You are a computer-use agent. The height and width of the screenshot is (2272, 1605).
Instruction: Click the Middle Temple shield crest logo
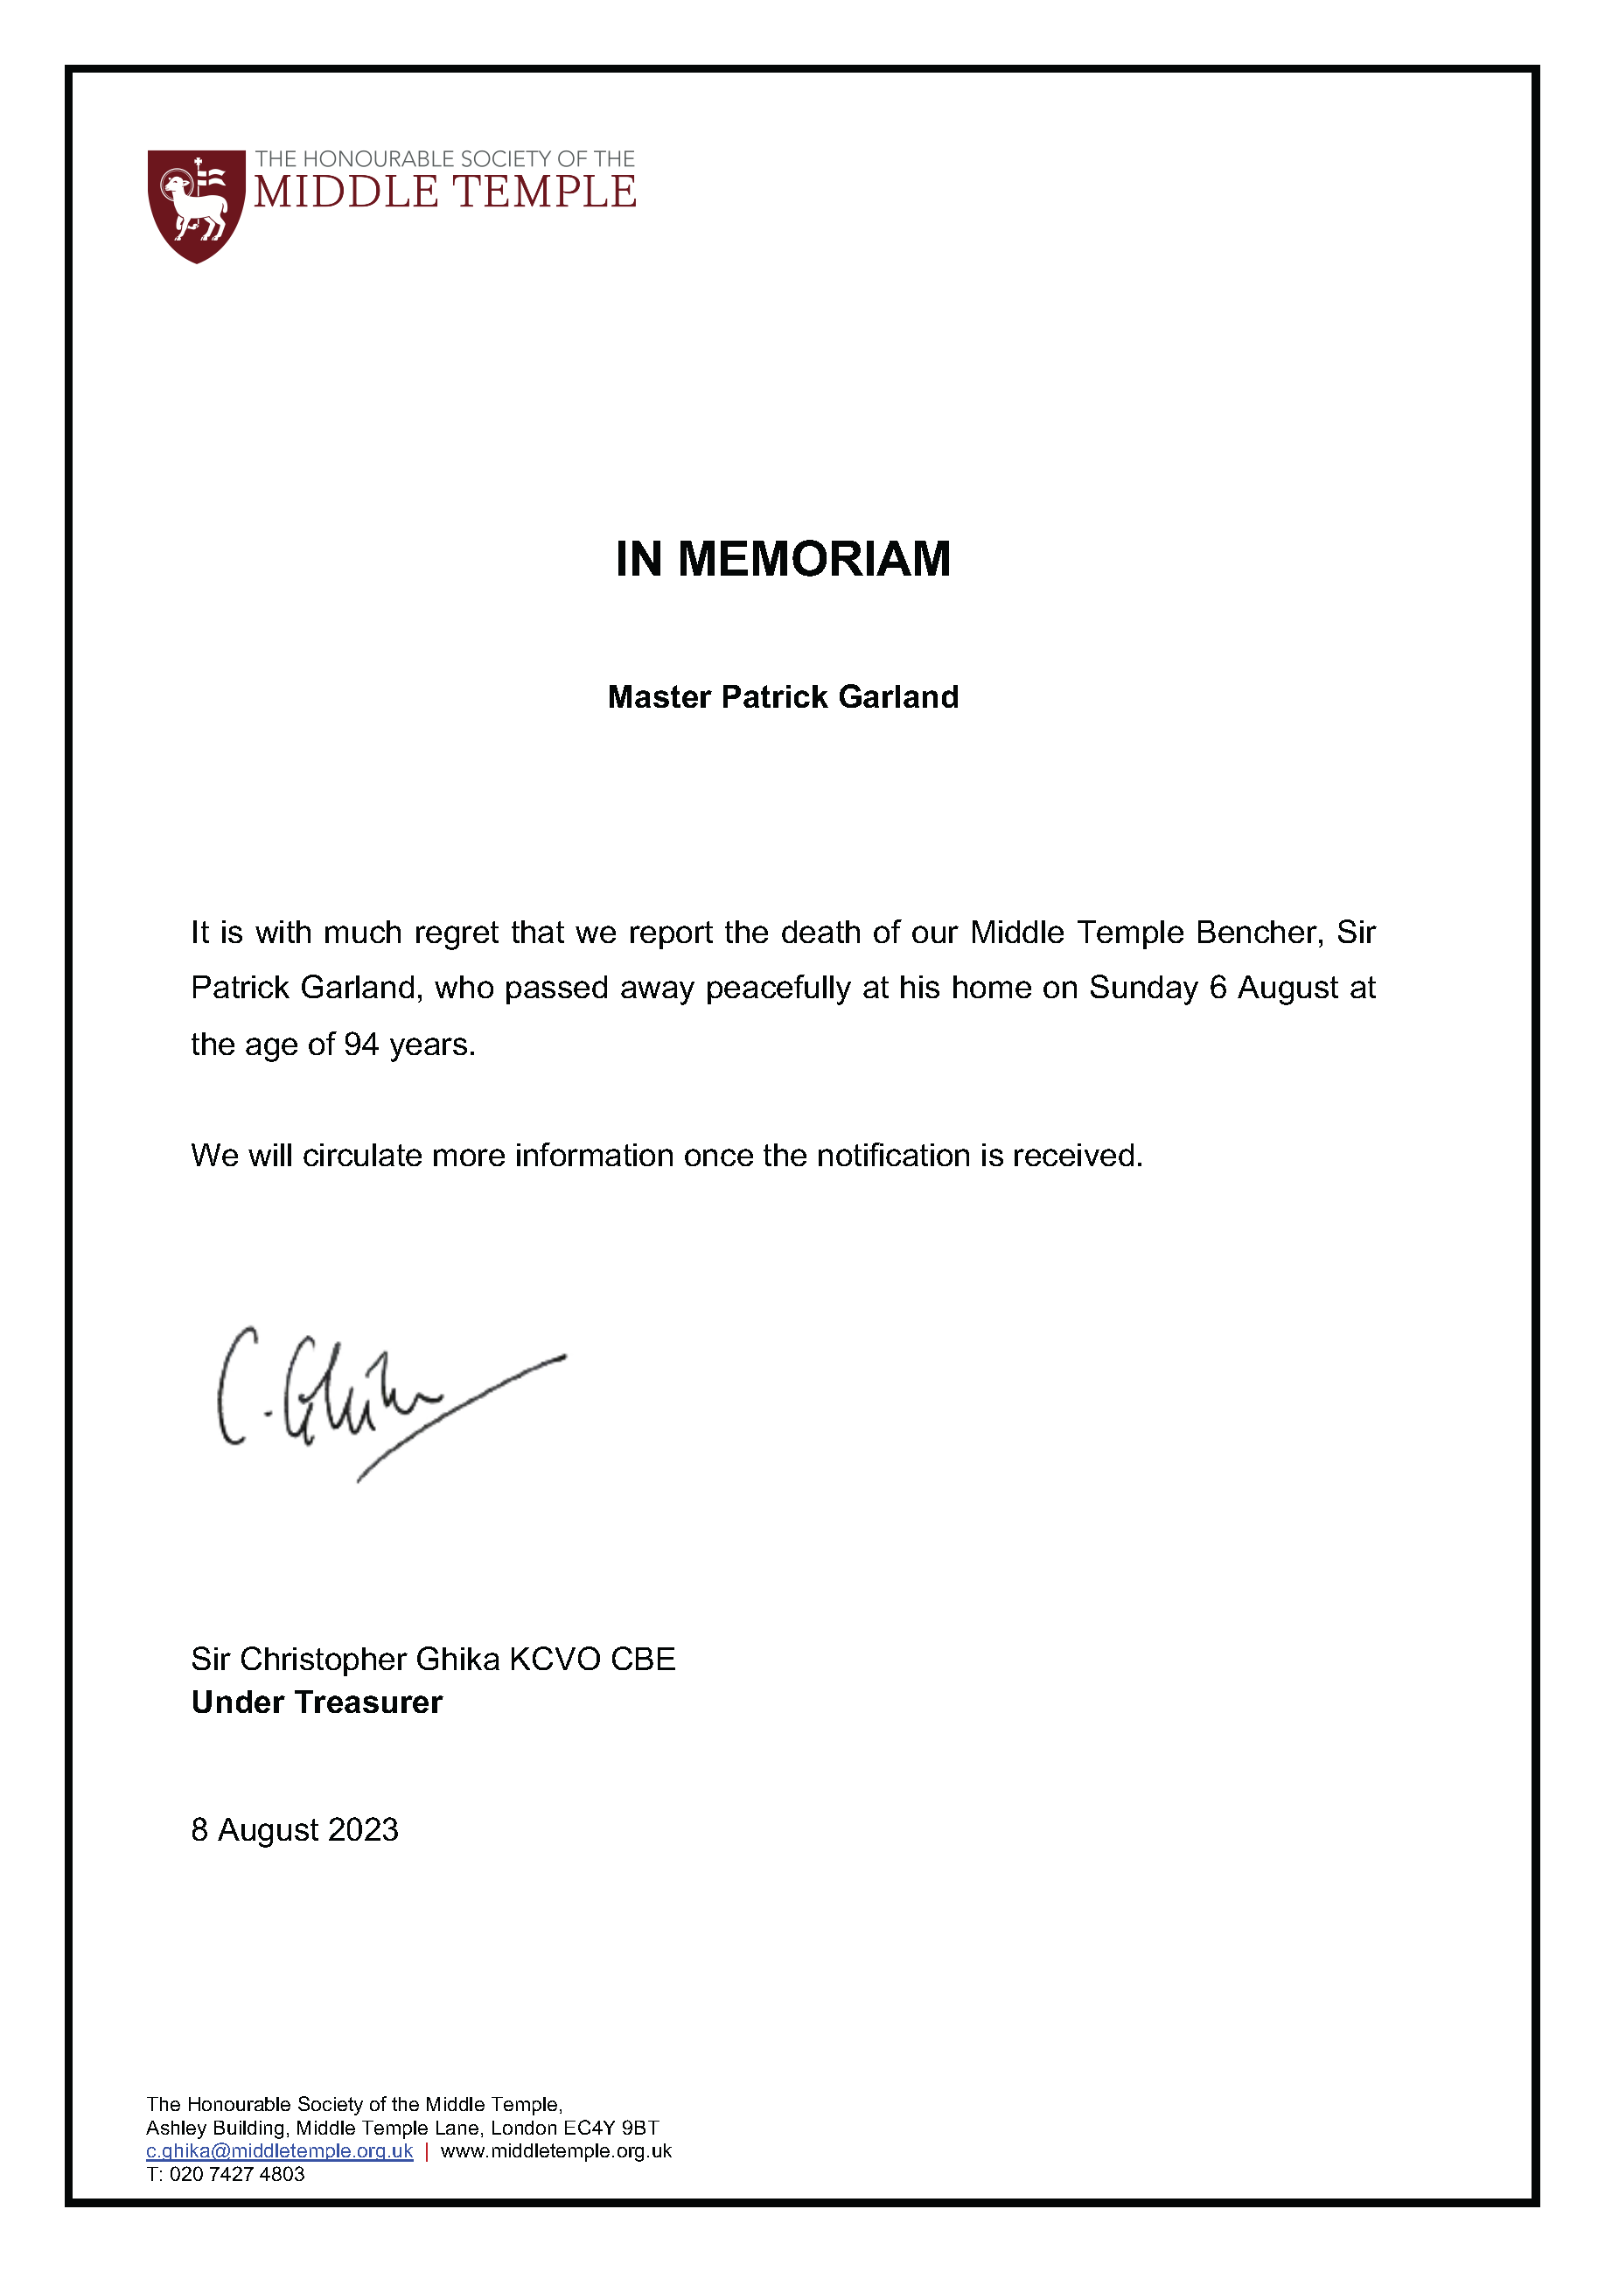click(x=196, y=205)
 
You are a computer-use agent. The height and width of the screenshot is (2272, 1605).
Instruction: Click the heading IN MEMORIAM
click(x=783, y=559)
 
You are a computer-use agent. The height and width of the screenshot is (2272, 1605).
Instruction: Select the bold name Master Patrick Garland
click(x=783, y=696)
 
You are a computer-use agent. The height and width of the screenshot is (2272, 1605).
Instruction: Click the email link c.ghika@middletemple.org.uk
click(x=279, y=2150)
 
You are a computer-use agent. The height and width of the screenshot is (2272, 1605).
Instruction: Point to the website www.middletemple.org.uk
click(x=556, y=2150)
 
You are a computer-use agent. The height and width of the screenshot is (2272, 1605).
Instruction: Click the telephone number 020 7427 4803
click(x=238, y=2174)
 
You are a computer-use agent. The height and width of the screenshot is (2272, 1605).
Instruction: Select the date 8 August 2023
click(x=295, y=1829)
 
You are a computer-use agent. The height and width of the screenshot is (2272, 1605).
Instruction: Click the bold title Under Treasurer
click(x=317, y=1702)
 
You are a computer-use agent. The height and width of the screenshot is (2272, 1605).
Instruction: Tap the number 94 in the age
click(x=361, y=1044)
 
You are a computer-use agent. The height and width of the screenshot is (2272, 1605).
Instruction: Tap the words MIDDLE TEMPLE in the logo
click(x=445, y=192)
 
